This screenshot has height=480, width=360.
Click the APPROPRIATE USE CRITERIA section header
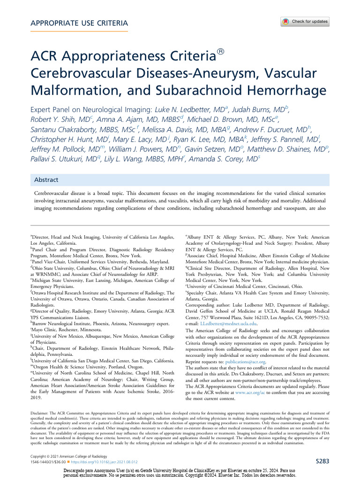pyautogui.click(x=79, y=23)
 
